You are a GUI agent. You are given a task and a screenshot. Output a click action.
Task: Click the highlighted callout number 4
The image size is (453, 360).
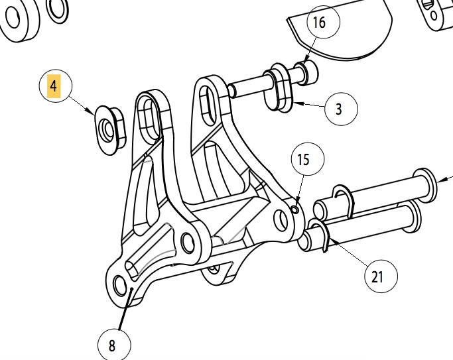click(54, 86)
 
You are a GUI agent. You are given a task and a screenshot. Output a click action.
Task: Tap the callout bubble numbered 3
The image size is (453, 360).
click(341, 109)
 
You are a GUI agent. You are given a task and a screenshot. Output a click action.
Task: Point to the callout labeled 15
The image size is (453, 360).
click(308, 159)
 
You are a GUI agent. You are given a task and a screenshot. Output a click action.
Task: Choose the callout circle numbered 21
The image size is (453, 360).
click(381, 276)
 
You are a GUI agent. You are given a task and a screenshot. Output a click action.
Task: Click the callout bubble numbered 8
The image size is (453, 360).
click(114, 345)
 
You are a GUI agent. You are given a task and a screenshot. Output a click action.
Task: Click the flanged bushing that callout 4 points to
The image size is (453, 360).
click(111, 130)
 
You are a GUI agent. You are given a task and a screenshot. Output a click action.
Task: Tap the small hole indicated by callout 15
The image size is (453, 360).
click(295, 210)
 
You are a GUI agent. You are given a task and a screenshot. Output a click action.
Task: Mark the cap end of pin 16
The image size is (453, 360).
click(307, 73)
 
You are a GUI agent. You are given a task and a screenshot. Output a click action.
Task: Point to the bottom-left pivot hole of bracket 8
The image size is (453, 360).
click(121, 285)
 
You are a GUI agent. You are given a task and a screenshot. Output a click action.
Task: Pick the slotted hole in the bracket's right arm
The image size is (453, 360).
click(208, 105)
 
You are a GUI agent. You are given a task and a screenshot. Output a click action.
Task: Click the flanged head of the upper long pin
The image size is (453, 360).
click(424, 185)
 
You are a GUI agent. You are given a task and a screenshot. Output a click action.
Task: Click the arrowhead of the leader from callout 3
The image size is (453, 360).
click(298, 103)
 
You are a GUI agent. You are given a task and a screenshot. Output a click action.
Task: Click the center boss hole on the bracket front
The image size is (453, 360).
click(188, 243)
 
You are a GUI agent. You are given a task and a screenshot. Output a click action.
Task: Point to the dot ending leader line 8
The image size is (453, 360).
click(131, 288)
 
